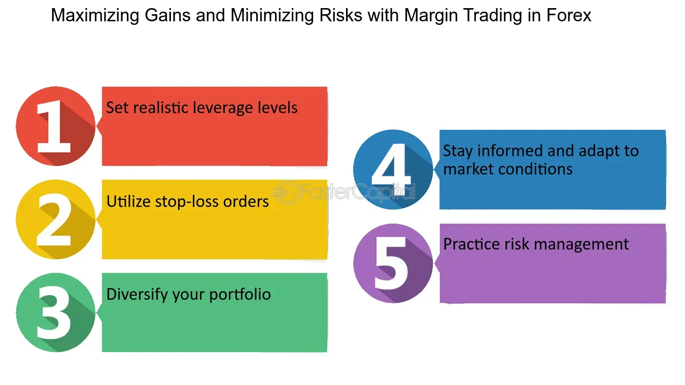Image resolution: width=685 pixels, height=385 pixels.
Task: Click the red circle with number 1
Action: (x=55, y=126)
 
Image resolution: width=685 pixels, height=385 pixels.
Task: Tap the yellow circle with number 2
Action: (x=55, y=220)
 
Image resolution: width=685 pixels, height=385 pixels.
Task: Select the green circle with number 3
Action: (x=55, y=312)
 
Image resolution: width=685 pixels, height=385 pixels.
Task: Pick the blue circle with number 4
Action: (x=393, y=169)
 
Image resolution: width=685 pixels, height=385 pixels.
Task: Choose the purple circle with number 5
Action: (x=393, y=263)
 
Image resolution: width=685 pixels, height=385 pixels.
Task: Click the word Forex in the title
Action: (x=569, y=16)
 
